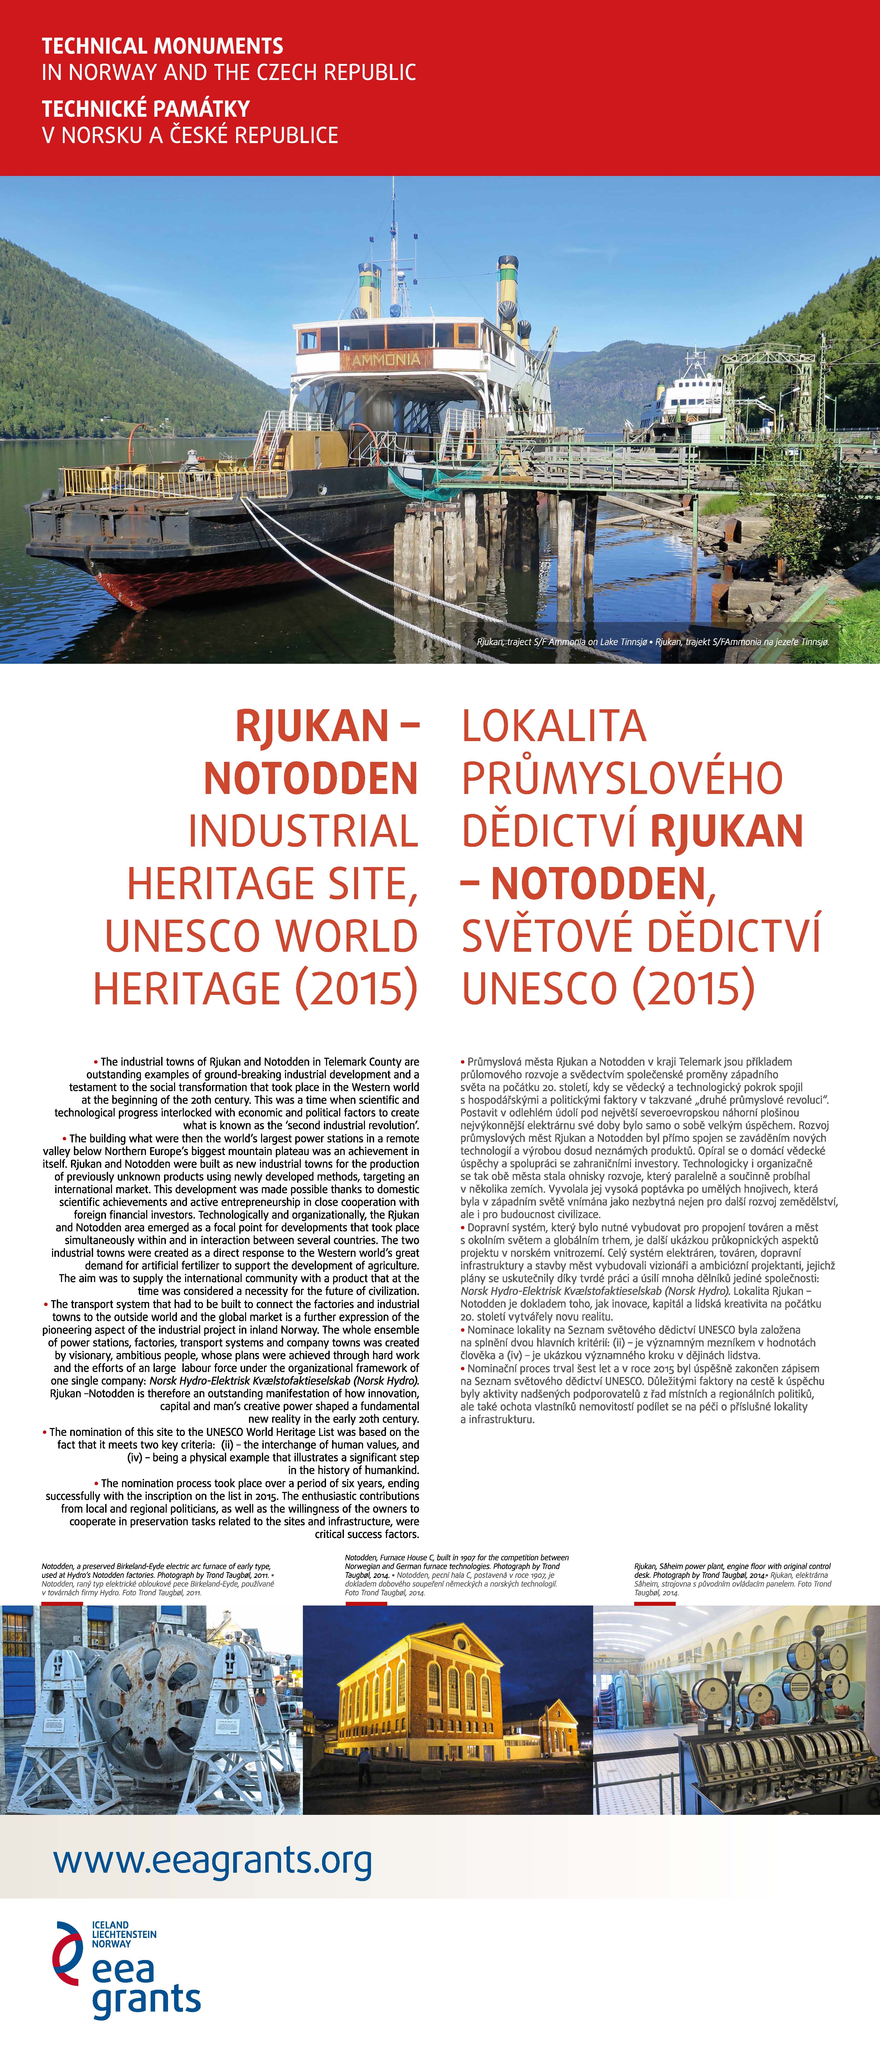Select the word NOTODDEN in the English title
point(311,778)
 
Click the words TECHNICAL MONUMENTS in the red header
point(162,46)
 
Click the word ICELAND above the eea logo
point(110,1926)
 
